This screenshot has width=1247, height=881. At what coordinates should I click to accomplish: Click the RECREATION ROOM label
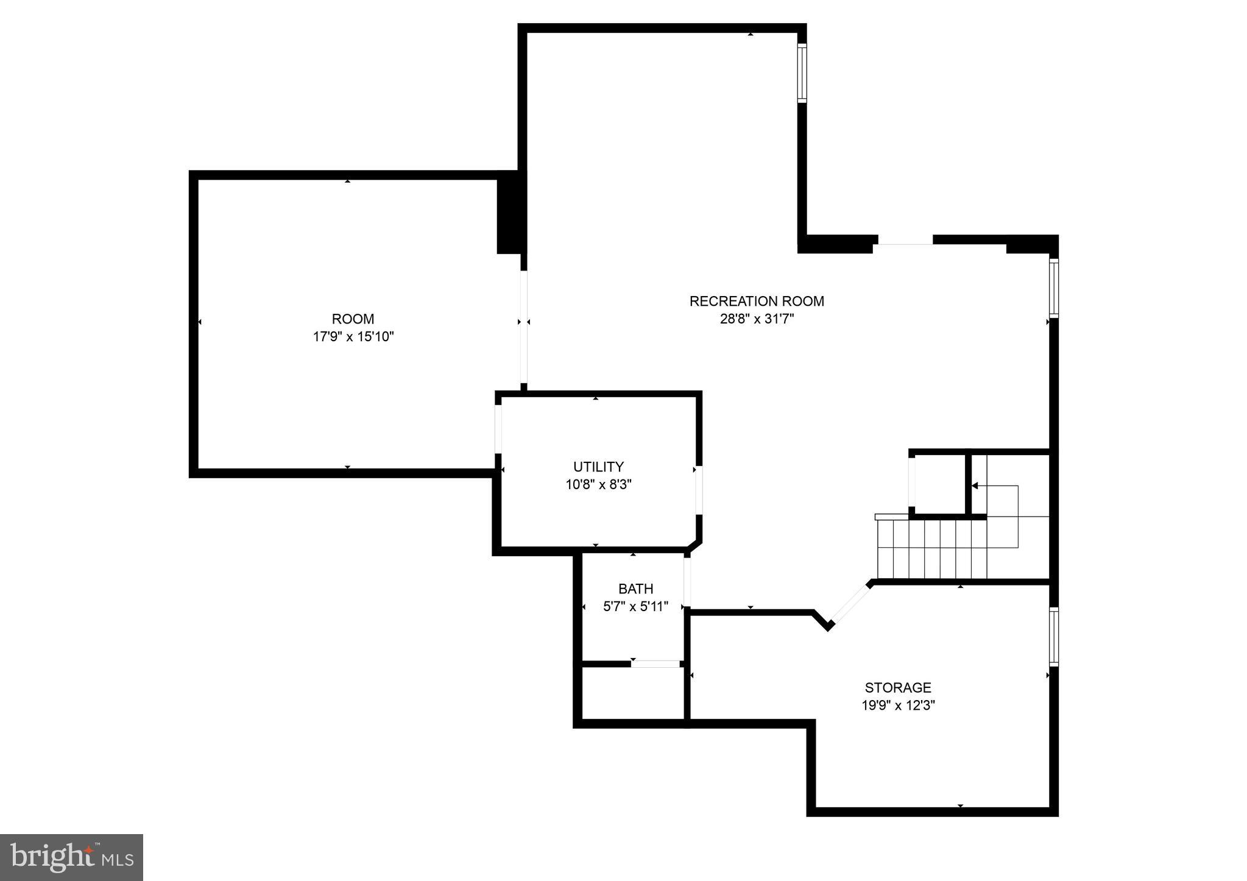(x=756, y=301)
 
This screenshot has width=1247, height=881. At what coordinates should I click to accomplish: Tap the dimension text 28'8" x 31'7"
(x=757, y=319)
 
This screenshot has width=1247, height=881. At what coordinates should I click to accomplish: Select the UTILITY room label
(x=598, y=467)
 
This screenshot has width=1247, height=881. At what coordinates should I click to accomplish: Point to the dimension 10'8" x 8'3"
(x=598, y=485)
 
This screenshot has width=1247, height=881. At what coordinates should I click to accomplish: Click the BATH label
(x=635, y=589)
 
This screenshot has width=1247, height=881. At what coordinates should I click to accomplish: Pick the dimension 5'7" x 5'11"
(x=635, y=607)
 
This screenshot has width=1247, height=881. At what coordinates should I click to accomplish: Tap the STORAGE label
(x=898, y=687)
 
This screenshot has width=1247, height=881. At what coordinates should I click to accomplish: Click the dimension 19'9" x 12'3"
(x=898, y=706)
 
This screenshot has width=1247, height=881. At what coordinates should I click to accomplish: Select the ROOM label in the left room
(x=353, y=319)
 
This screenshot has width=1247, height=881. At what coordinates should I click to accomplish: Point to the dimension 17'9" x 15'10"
(x=353, y=337)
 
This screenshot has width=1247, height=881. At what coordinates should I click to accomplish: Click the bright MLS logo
(x=71, y=857)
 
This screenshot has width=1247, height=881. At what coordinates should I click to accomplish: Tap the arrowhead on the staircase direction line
(x=975, y=486)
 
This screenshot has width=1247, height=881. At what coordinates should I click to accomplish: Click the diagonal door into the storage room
(x=850, y=604)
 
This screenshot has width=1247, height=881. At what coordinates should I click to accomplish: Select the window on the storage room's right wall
(x=1054, y=635)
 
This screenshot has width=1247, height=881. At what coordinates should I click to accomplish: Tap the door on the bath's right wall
(x=687, y=582)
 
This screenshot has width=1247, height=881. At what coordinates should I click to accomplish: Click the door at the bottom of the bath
(x=655, y=663)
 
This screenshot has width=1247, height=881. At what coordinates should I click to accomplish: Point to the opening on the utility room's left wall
(x=498, y=429)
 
